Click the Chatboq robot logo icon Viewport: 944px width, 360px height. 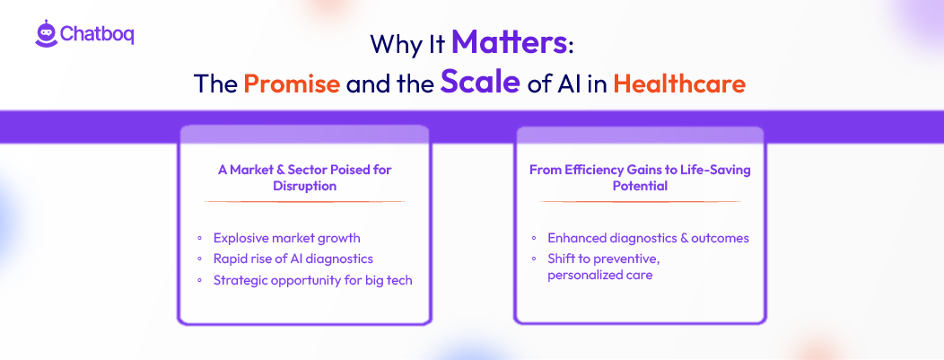[46, 33]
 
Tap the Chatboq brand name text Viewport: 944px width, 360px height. [98, 34]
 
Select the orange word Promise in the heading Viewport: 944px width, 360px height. [292, 84]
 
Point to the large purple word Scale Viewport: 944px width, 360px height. [480, 83]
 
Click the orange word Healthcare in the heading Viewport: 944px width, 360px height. [679, 84]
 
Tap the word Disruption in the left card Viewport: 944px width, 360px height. [304, 186]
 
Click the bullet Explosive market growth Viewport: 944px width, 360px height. [286, 238]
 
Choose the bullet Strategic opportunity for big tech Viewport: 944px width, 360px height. [312, 279]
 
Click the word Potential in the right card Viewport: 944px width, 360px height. [640, 186]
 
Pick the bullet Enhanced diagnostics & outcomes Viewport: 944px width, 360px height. [648, 238]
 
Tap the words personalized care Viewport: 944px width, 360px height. [599, 276]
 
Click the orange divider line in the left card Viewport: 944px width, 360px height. [304, 202]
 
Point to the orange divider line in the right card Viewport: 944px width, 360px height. [640, 202]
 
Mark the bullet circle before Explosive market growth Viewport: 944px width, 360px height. [199, 239]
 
